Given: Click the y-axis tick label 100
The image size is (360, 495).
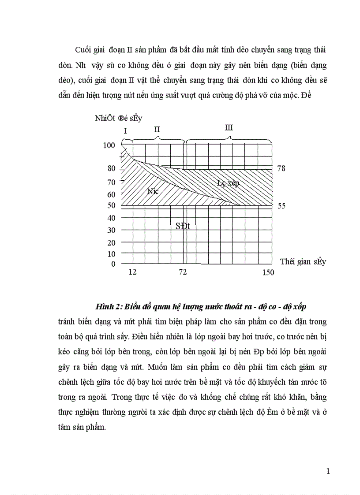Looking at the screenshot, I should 109,145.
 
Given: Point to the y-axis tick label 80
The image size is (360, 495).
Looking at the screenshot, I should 111,168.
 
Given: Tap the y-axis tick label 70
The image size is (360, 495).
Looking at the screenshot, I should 111,182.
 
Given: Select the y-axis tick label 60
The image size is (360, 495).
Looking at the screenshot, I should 111,194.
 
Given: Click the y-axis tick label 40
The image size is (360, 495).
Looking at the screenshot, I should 111,218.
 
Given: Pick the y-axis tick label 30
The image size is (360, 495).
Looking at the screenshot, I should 111,231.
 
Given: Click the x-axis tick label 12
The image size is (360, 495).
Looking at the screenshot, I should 132,272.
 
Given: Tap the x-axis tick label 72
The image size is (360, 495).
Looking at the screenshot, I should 183,272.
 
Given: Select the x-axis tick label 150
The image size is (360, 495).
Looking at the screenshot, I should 268,272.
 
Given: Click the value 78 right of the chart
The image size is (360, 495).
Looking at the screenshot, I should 281,168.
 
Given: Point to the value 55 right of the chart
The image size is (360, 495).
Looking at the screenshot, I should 281,206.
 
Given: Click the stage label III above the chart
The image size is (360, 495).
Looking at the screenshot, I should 229,128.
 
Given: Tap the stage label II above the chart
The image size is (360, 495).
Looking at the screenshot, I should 157,129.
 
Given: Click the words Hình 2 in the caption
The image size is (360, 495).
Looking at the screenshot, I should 106,306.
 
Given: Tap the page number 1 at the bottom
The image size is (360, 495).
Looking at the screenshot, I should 328,471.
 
